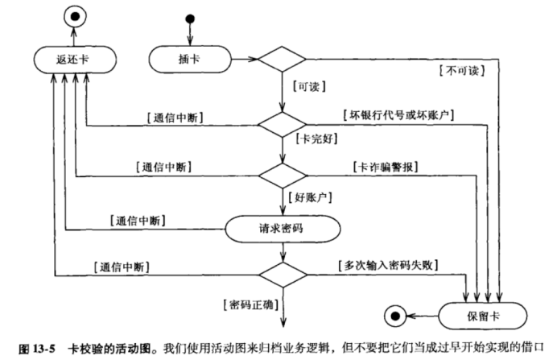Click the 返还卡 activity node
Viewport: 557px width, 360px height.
tap(73, 59)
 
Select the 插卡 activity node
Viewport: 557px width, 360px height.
tap(189, 59)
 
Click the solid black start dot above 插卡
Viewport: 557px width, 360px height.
tap(190, 18)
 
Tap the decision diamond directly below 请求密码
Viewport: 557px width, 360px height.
tap(283, 275)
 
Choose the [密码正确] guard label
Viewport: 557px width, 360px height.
tap(246, 304)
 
